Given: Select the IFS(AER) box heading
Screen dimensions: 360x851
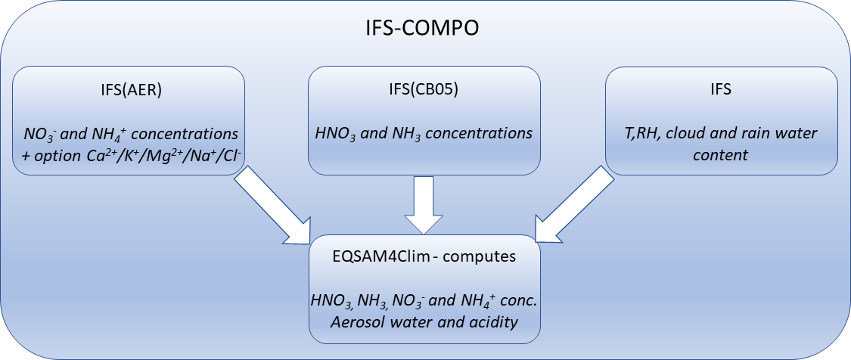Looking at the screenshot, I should point(129,90).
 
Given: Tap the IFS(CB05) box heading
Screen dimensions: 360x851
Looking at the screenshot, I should point(424,90).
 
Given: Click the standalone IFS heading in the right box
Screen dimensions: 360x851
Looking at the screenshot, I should point(721,90).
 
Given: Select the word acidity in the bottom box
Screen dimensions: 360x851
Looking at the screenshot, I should point(492,323).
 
